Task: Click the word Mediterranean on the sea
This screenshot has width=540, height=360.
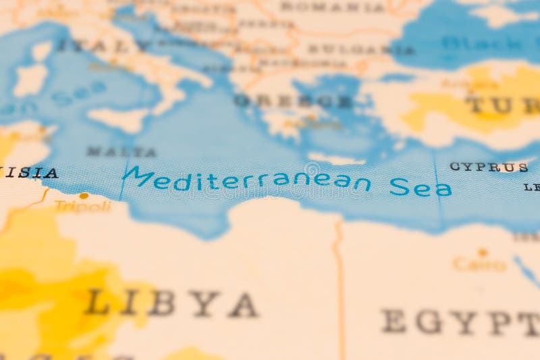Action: click(246, 180)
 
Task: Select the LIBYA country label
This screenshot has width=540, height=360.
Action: click(171, 304)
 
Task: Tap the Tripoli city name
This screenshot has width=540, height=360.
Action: click(82, 206)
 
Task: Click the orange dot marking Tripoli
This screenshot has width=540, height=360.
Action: click(83, 196)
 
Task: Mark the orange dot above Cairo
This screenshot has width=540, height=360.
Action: click(482, 253)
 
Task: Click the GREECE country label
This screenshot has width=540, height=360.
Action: click(293, 101)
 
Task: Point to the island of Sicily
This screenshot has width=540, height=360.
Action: click(119, 120)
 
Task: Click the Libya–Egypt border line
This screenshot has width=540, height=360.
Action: click(340, 284)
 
